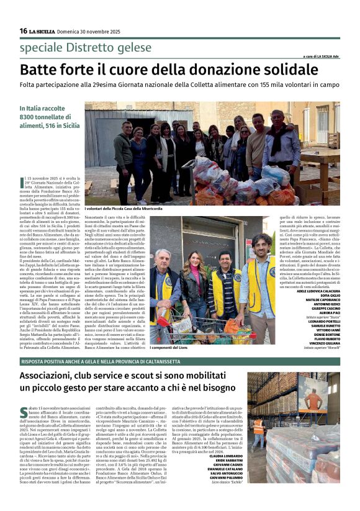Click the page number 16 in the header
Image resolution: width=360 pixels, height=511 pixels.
coord(23,31)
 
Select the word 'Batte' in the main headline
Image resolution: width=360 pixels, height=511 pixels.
coord(40,70)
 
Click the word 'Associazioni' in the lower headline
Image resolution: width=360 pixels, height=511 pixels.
coord(55,377)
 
